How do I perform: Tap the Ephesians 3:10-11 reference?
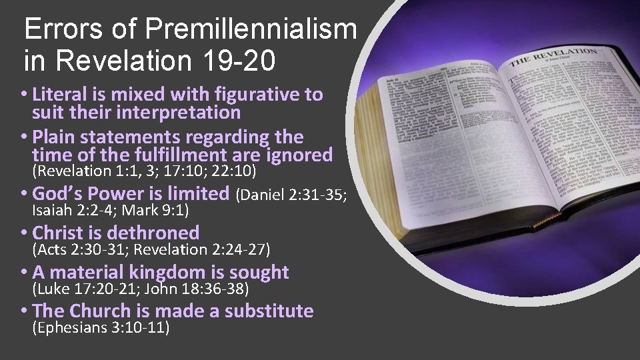(x=101, y=327)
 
